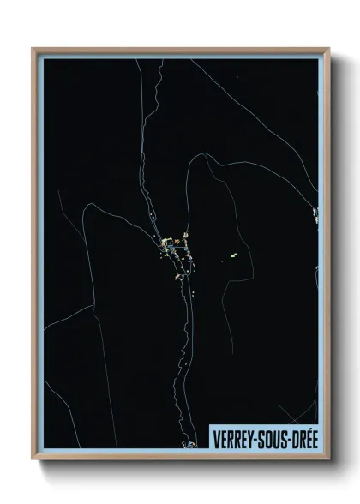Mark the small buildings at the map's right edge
pyautogui.click(x=315, y=214)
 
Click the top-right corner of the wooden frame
pyautogui.click(x=328, y=50)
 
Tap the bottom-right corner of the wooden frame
pyautogui.click(x=328, y=458)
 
